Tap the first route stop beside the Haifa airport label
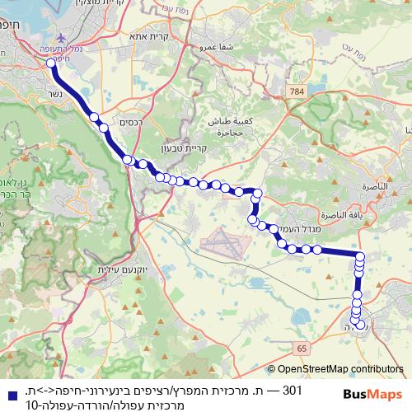[51, 61]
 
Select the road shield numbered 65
[303, 349]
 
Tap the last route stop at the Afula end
[361, 325]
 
